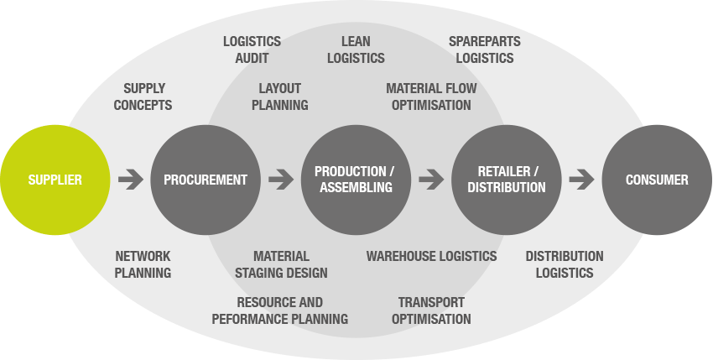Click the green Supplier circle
[55, 180]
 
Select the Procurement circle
[206, 180]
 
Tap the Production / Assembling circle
[356, 180]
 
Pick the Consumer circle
[657, 180]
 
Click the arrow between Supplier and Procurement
[131, 179]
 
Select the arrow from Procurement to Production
[281, 179]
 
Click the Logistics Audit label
[252, 50]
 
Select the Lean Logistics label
[356, 50]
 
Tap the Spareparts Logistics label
[485, 50]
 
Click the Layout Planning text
[280, 97]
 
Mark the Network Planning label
[143, 264]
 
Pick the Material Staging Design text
[281, 264]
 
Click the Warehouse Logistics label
[431, 256]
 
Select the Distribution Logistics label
[564, 264]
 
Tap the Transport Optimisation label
[431, 310]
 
